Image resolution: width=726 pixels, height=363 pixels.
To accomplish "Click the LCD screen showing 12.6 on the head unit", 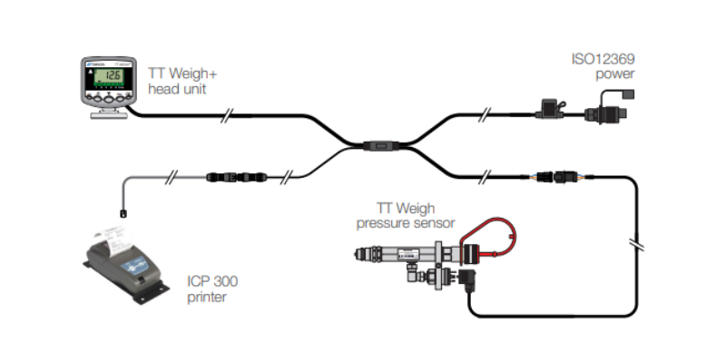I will [x=108, y=76].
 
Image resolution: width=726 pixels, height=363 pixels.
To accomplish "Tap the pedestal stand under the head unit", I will [x=107, y=113].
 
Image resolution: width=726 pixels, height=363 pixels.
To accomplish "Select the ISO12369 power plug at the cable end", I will [x=603, y=115].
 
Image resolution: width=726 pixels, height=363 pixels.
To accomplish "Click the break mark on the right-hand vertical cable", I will [x=634, y=245].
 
